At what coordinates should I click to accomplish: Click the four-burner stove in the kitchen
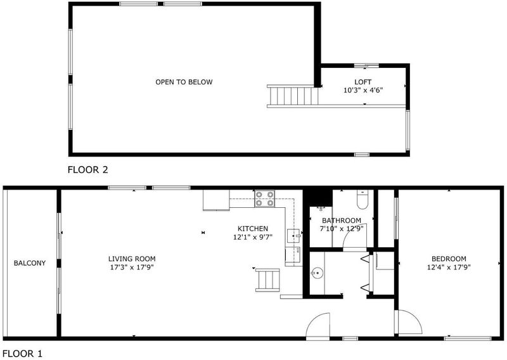coord(265,198)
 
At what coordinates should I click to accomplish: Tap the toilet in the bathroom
coord(363,199)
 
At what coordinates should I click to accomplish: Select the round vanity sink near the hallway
coord(318,274)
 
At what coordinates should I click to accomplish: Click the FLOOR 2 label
coord(87,170)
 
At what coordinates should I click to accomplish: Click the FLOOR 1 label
coord(22,354)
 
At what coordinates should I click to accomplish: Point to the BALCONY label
coord(30,263)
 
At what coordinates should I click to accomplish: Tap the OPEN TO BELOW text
coord(184,82)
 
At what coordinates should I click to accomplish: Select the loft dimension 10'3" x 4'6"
coord(363,90)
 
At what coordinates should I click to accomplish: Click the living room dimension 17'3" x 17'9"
coord(132,267)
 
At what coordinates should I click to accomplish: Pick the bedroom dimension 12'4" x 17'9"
coord(449,267)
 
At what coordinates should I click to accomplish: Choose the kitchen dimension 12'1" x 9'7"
coord(253,237)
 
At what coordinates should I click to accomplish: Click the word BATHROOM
coord(342,221)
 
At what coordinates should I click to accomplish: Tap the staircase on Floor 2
coord(293,96)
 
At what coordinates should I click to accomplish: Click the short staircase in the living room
coord(267,280)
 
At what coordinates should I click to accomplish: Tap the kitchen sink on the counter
coord(293,236)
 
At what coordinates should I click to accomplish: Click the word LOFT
coord(363,82)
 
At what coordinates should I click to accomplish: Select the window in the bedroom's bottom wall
coord(468,338)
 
